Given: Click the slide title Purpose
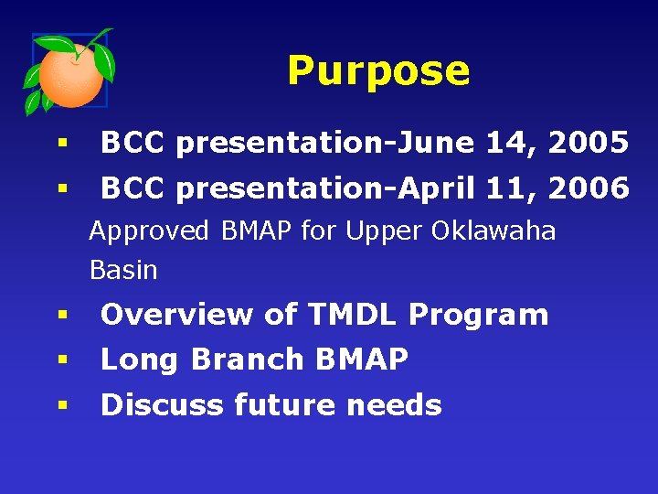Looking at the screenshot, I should [378, 71].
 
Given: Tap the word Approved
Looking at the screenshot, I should [149, 231].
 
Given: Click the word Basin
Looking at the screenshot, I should [123, 271].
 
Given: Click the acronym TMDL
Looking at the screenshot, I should [354, 315].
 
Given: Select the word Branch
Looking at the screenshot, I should [248, 360].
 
